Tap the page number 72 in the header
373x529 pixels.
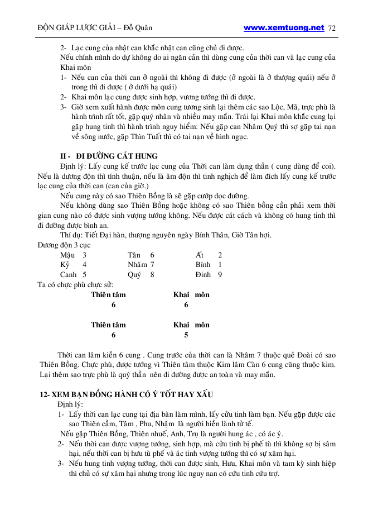[333, 27]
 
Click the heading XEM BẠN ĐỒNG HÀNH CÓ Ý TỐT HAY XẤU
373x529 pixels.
[127, 394]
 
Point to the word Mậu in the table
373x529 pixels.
[67, 254]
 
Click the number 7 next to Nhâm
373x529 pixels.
[152, 264]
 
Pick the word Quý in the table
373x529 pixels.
[134, 274]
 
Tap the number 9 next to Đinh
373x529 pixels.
[220, 274]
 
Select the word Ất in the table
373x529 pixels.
[200, 254]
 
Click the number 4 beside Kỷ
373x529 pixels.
[84, 264]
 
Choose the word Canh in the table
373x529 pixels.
[69, 274]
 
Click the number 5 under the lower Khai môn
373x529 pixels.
[186, 335]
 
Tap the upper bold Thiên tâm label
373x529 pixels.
[109, 294]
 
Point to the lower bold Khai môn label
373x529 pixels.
[191, 325]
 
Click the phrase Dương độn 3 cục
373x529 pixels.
[64, 245]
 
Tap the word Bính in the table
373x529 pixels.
[203, 264]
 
